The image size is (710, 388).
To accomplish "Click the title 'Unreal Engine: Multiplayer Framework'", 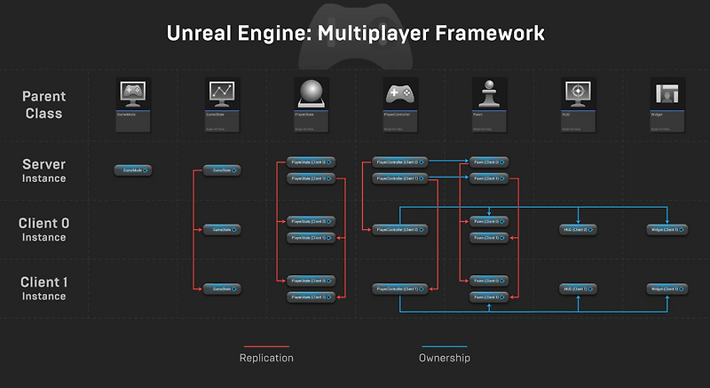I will (355, 34).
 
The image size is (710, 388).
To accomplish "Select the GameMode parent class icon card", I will (133, 106).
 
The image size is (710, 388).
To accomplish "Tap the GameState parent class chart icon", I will (222, 93).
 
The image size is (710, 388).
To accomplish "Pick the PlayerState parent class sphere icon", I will (312, 93).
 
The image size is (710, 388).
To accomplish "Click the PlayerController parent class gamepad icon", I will (399, 93).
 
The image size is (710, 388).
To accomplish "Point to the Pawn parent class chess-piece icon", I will (488, 93).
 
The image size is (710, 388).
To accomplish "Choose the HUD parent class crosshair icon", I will (578, 93).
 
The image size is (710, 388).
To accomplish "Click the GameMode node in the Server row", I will (133, 170).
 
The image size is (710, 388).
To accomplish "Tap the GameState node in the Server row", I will (222, 170).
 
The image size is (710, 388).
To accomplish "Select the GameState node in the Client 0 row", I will (222, 229).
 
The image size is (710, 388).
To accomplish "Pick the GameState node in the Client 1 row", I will (222, 289).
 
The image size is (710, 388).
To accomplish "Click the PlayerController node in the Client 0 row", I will (400, 229).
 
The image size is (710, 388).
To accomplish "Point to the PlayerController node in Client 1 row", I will (400, 289).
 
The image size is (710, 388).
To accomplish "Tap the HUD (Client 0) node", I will (578, 229).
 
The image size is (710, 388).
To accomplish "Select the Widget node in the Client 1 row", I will (666, 289).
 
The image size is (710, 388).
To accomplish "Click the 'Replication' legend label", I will (266, 358).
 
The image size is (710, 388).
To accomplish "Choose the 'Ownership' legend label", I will (444, 358).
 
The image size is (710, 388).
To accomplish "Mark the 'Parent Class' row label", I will (44, 105).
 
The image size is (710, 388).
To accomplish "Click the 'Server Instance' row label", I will (44, 170).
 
